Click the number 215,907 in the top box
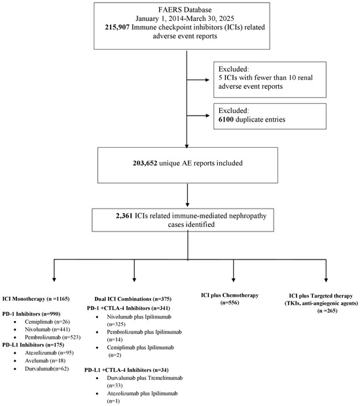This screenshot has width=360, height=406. tap(117, 27)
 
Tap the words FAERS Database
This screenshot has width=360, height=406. tap(185, 10)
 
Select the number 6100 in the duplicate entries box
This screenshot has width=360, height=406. tap(226, 120)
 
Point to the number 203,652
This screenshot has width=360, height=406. tap(145, 163)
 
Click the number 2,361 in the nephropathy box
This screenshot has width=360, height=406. tap(124, 216)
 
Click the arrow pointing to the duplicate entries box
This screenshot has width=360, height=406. tap(198, 116)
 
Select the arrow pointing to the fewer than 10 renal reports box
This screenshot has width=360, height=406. tap(198, 80)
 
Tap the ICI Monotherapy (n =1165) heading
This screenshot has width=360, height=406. tap(36, 299)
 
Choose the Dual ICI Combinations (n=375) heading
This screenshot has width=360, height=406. tap(133, 299)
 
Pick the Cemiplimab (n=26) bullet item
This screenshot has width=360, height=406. tap(47, 322)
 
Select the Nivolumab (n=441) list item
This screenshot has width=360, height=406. tap(47, 330)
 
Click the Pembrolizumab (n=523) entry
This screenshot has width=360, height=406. tap(53, 337)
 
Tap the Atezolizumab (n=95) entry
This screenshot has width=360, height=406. tap(49, 352)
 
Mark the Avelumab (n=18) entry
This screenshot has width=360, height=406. tap(45, 361)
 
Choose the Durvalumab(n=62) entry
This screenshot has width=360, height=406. tap(47, 369)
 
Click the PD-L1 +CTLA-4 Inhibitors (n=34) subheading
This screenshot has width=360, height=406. tap(126, 370)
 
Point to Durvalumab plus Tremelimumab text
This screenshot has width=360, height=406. tap(145, 378)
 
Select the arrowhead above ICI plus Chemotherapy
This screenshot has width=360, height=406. tap(234, 280)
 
